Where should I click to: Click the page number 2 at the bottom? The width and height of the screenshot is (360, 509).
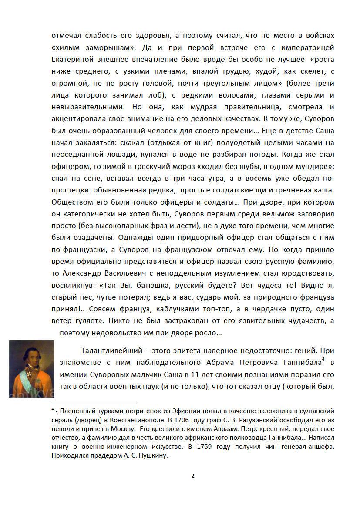[193, 475]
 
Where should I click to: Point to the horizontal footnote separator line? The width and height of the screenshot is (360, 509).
[95, 403]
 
